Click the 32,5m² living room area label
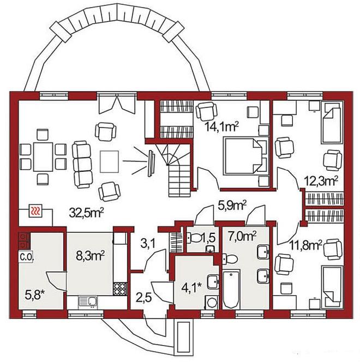(x=86, y=213)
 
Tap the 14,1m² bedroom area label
(x=222, y=126)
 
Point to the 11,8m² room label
(x=306, y=245)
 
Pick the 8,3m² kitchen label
(x=91, y=256)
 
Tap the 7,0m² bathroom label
(x=242, y=236)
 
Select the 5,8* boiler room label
(x=34, y=295)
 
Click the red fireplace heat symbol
(x=35, y=211)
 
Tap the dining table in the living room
(x=43, y=157)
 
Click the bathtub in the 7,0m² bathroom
(x=231, y=289)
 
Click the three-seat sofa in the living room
(x=82, y=165)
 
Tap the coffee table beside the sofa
(x=109, y=161)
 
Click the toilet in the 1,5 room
(x=194, y=238)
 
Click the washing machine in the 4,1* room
(x=211, y=303)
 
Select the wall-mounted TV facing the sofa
(x=152, y=164)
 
